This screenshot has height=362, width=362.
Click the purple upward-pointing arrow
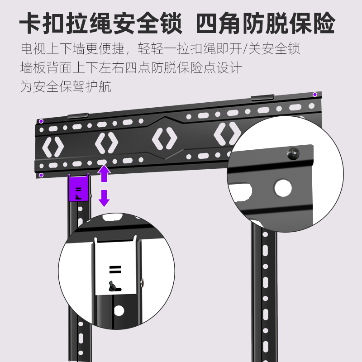(x=104, y=173)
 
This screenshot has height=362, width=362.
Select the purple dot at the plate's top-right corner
(x=315, y=95)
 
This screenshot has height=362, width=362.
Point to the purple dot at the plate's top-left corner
(x=41, y=121)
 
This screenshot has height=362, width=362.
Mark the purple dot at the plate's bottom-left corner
(x=41, y=175)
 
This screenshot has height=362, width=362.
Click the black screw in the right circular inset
(x=293, y=153)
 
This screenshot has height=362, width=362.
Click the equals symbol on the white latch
(x=115, y=270)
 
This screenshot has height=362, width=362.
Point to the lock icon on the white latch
(x=115, y=286)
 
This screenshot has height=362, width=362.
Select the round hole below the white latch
(x=119, y=311)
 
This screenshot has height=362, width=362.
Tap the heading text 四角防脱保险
(x=266, y=23)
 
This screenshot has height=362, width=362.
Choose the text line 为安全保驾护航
(x=66, y=86)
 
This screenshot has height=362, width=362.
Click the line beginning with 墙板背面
(x=131, y=67)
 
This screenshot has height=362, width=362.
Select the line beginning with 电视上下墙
(x=161, y=48)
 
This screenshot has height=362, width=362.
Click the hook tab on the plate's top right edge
(x=262, y=97)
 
